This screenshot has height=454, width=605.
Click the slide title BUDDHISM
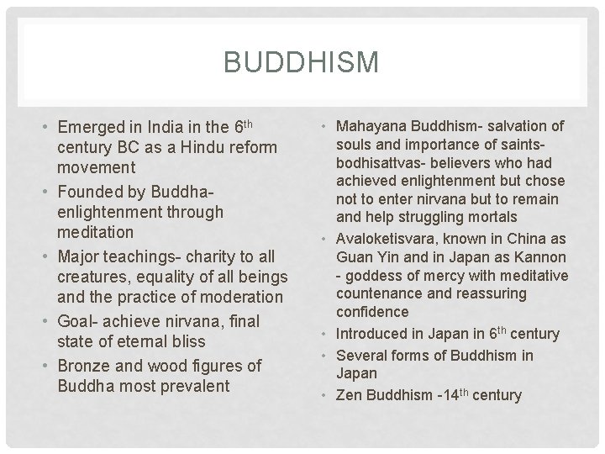click(x=302, y=61)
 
